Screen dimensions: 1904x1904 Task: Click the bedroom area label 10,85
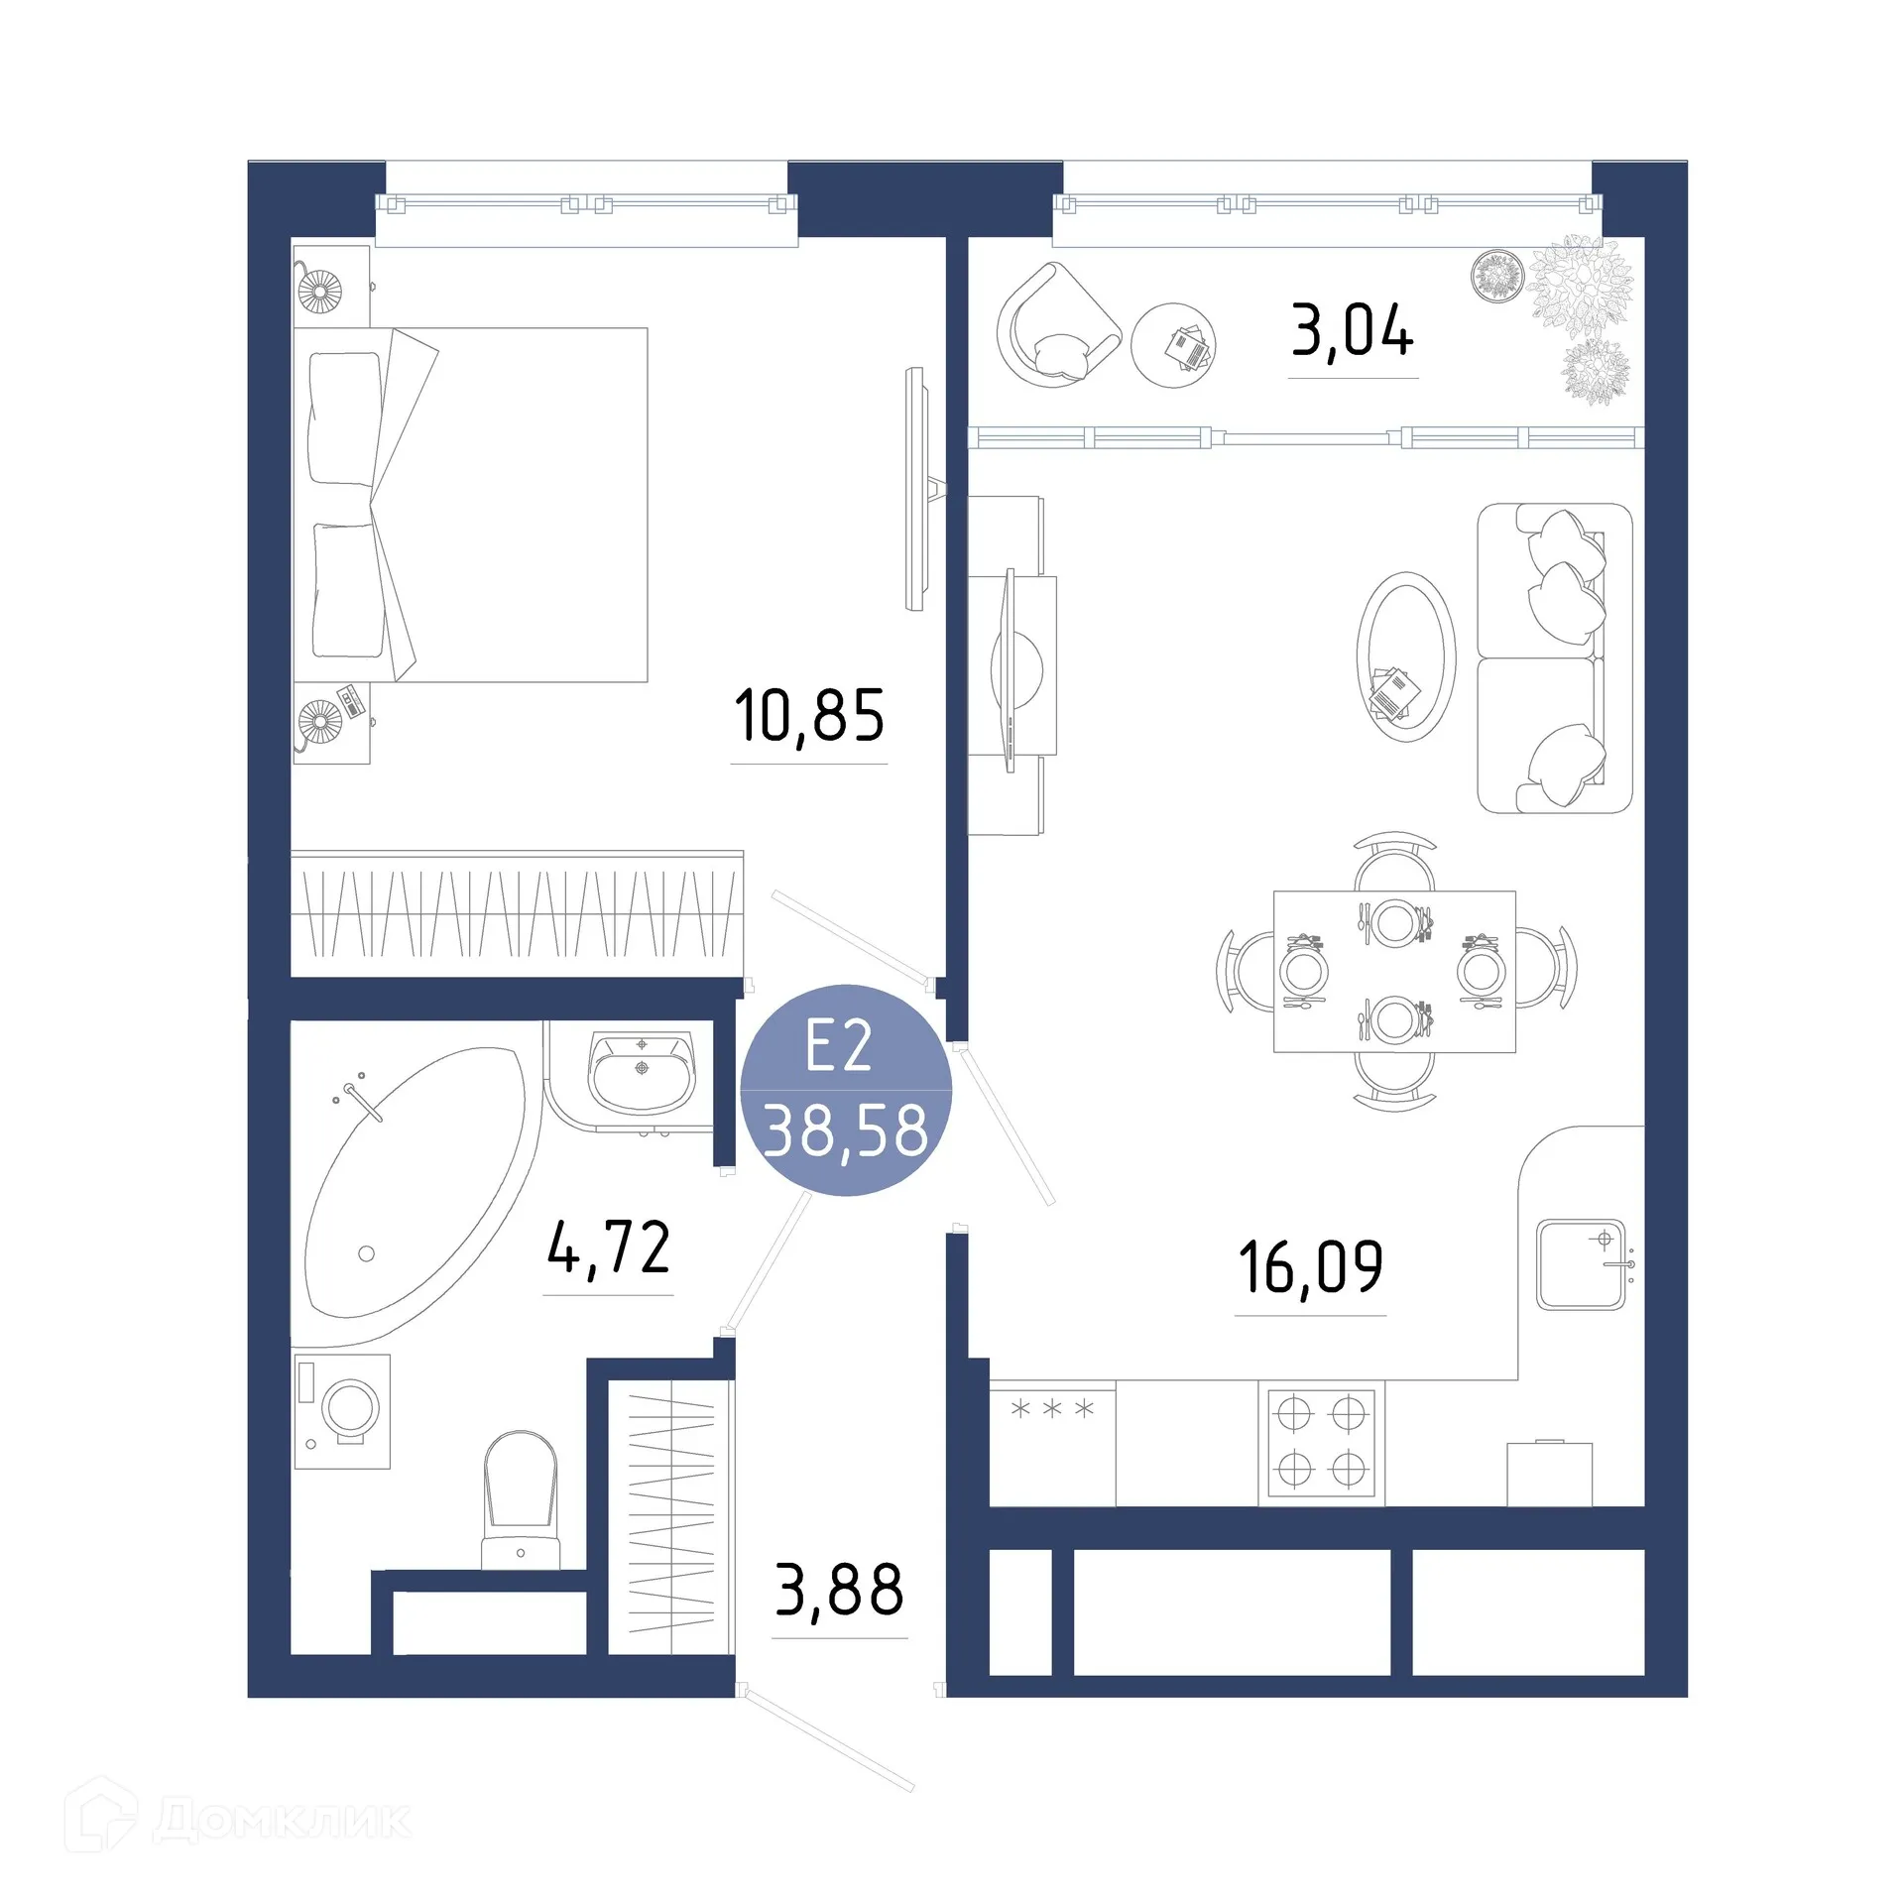(808, 716)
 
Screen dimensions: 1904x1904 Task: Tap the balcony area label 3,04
(1352, 331)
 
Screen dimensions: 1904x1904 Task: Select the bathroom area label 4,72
(609, 1249)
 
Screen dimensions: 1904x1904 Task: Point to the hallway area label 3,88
(839, 1592)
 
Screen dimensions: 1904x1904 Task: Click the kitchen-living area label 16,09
(1310, 1268)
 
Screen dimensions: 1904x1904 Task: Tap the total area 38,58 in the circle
(846, 1130)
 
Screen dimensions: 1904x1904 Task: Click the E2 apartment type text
(839, 1045)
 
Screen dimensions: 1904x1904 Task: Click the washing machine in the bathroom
(343, 1411)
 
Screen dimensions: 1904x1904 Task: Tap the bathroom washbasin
(642, 1074)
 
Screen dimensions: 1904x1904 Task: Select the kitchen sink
(1581, 1265)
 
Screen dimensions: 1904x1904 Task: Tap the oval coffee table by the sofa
(1405, 655)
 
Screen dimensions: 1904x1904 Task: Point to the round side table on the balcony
(1173, 345)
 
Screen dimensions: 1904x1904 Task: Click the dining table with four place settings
(1394, 971)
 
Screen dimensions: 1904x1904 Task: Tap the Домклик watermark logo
(238, 1819)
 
